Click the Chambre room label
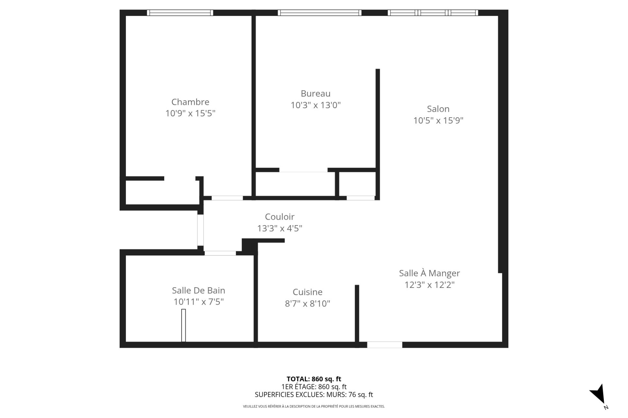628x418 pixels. [190, 102]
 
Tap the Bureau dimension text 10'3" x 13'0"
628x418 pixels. [316, 105]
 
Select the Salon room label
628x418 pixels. [438, 109]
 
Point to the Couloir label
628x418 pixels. [280, 217]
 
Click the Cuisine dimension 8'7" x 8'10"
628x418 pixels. [307, 304]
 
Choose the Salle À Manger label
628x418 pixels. [429, 273]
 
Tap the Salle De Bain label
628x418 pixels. [198, 290]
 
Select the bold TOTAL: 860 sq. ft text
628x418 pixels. [314, 379]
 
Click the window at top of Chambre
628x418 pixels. [180, 13]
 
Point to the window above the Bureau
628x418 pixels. [320, 13]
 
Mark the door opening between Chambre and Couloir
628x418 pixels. [227, 198]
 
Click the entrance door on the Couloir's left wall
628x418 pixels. [200, 230]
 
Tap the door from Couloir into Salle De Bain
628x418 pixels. [220, 253]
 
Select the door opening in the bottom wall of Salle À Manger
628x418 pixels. [384, 345]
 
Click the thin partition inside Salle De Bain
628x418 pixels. [183, 325]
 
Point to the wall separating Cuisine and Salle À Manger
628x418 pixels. [357, 314]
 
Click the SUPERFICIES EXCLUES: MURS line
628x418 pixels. [314, 395]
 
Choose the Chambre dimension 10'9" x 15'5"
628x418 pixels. [190, 113]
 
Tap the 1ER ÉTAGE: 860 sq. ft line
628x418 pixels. [314, 387]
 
